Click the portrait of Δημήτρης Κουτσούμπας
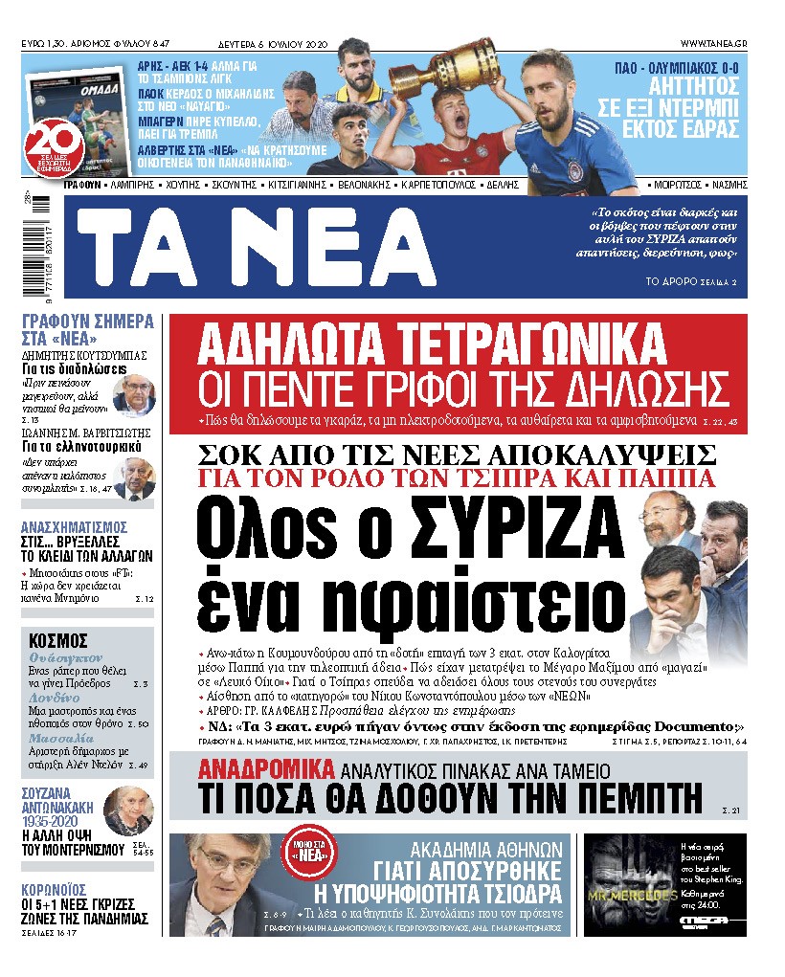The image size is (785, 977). (x=133, y=395)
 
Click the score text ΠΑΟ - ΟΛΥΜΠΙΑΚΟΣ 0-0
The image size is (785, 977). (x=682, y=68)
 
